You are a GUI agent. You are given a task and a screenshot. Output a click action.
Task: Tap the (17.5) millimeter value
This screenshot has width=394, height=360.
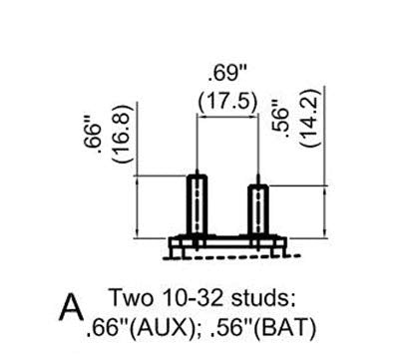coord(227,102)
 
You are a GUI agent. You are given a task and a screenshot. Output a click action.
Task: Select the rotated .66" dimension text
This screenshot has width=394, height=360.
coord(94,140)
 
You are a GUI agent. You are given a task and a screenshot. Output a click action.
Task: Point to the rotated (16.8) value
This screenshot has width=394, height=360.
coord(120,134)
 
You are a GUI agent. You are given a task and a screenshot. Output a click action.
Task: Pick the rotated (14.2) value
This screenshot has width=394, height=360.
coord(310,118)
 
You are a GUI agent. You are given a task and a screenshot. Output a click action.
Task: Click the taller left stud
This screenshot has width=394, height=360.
coord(197,204)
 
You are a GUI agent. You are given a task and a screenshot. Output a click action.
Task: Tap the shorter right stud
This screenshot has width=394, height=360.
coord(258,209)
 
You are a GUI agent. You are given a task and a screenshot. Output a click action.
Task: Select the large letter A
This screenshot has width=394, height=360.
coord(71,307)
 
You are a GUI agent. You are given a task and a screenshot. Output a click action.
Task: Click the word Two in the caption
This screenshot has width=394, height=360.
coord(132,297)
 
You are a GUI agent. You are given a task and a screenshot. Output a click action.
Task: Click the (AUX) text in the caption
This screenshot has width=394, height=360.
coord(159,328)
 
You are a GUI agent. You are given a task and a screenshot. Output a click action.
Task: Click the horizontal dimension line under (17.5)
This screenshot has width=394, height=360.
coord(227,116)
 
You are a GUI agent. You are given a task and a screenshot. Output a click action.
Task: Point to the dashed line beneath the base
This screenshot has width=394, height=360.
coord(232,256)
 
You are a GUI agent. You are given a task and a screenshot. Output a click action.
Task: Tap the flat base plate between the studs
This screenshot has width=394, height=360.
coord(227,242)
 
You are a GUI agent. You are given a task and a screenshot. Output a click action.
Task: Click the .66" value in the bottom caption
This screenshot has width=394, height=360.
coord(107,328)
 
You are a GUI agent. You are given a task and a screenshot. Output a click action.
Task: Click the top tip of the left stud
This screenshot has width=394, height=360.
coord(197,170)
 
